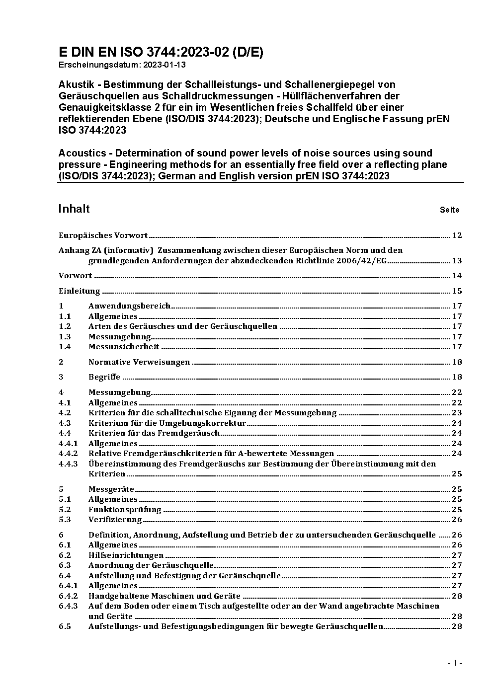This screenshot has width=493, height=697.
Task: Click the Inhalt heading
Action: (74, 209)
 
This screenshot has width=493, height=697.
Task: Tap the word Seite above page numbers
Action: (449, 210)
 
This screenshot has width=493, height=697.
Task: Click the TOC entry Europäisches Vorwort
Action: (103, 235)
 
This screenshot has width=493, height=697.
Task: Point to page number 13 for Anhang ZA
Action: (457, 261)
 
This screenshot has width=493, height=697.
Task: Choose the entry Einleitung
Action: (80, 291)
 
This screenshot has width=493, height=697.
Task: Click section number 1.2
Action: (65, 326)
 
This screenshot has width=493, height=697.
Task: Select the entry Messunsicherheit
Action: (124, 347)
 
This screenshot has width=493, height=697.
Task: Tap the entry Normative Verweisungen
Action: (139, 362)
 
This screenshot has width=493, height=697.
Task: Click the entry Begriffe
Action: (104, 377)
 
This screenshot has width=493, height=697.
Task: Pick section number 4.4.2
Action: (68, 454)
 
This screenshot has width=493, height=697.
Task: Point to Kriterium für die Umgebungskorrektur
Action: (167, 423)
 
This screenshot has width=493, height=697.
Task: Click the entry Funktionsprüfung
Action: (125, 510)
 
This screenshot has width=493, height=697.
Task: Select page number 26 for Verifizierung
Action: (457, 520)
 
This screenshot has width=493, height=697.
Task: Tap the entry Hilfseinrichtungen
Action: (126, 555)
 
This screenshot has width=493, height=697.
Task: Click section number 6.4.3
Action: (68, 606)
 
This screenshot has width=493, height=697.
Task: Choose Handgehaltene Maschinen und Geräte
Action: (164, 596)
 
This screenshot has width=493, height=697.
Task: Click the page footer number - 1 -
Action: (455, 663)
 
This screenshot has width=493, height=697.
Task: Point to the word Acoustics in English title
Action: (82, 153)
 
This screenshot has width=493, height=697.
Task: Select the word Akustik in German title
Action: (76, 84)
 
